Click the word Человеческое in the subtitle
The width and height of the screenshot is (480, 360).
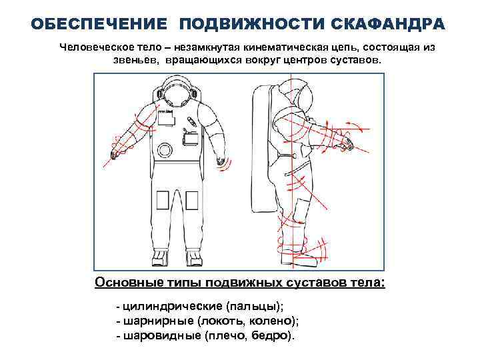coord(96,47)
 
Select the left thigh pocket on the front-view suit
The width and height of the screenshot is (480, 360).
coord(162,201)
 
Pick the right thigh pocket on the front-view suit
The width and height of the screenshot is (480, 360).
coord(192,201)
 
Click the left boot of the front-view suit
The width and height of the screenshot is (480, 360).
coord(161,257)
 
